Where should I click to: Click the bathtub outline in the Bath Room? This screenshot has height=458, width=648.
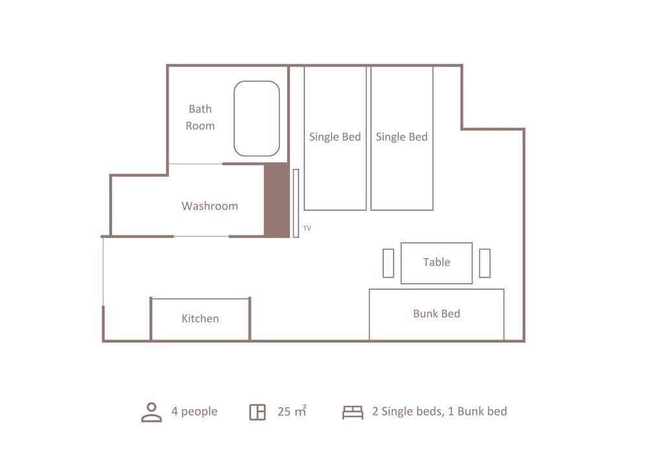[257, 119]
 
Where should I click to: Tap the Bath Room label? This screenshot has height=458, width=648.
[200, 117]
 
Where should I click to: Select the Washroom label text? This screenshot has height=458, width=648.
[209, 206]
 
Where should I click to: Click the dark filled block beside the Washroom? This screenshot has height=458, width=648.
[276, 200]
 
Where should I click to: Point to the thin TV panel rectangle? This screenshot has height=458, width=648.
[295, 203]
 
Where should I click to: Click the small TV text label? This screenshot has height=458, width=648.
[307, 228]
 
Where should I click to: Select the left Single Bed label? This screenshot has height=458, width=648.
[335, 137]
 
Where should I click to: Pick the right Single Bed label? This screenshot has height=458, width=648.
[402, 137]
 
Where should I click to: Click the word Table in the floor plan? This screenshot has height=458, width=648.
[436, 262]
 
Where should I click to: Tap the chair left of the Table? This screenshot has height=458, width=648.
[388, 263]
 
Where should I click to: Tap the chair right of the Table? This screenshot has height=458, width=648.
[485, 263]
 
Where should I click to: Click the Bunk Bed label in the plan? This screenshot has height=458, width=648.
[436, 314]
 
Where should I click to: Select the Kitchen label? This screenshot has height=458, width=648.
[200, 319]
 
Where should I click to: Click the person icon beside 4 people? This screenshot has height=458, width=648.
[152, 412]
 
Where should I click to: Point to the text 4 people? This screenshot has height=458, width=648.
[194, 411]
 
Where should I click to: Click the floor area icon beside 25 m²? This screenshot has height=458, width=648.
[257, 412]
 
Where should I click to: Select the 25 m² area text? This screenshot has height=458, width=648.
[292, 411]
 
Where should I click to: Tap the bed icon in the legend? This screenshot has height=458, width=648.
[353, 412]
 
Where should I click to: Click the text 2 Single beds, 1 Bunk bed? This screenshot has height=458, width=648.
[439, 411]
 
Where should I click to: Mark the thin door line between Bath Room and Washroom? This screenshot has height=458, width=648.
[196, 164]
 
